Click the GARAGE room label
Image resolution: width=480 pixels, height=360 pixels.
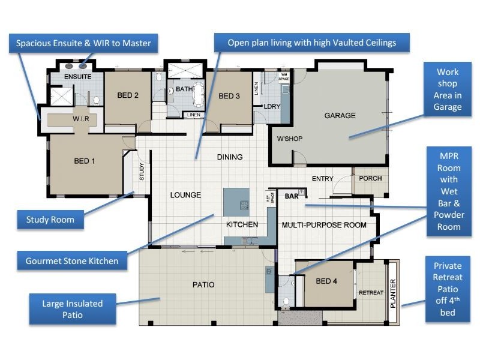pyautogui.click(x=340, y=116)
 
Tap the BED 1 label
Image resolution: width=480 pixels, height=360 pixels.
pyautogui.click(x=85, y=161)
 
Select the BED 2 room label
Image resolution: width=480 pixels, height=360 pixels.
pyautogui.click(x=128, y=95)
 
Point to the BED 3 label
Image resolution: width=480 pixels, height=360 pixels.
pyautogui.click(x=229, y=96)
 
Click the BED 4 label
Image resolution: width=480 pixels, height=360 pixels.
pyautogui.click(x=327, y=281)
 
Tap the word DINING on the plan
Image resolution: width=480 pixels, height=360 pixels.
pyautogui.click(x=229, y=157)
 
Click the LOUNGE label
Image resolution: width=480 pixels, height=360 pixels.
pyautogui.click(x=185, y=195)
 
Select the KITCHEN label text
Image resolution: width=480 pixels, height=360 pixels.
pyautogui.click(x=242, y=224)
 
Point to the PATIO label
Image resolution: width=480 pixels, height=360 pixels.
pyautogui.click(x=203, y=284)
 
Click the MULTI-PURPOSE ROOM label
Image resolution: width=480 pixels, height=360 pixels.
pyautogui.click(x=324, y=225)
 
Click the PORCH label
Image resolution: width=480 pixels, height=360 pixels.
pyautogui.click(x=370, y=179)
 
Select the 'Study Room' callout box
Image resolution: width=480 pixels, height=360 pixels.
pyautogui.click(x=50, y=220)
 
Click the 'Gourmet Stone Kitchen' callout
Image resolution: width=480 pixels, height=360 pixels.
pyautogui.click(x=72, y=261)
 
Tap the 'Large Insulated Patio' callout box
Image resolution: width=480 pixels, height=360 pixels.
pyautogui.click(x=72, y=309)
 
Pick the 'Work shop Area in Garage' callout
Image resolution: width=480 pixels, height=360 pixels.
pyautogui.click(x=447, y=89)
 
